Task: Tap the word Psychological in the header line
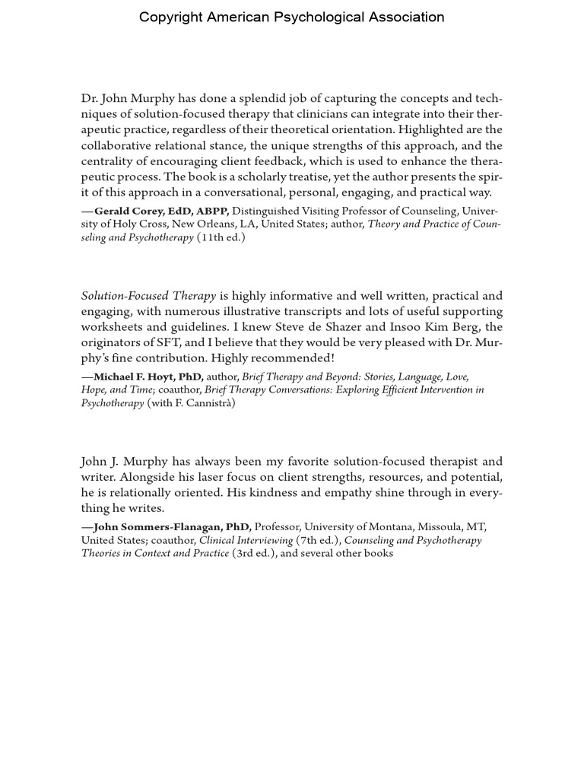tap(318, 17)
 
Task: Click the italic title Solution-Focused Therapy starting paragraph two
tap(148, 296)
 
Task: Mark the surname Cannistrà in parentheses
tap(205, 403)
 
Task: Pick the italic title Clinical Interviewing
tap(246, 540)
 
